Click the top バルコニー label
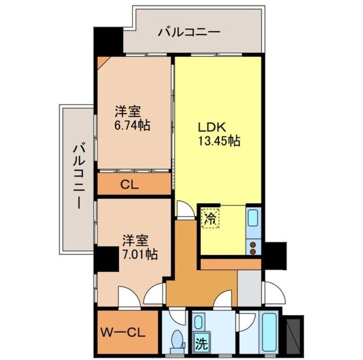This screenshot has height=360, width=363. [x=189, y=32]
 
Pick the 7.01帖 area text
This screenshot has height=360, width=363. [x=138, y=254]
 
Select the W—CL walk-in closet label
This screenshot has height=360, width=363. [x=122, y=331]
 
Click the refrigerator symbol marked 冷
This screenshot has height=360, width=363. [x=210, y=218]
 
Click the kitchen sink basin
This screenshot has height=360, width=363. [x=253, y=220]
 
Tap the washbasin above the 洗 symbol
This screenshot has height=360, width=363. [x=199, y=323]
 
